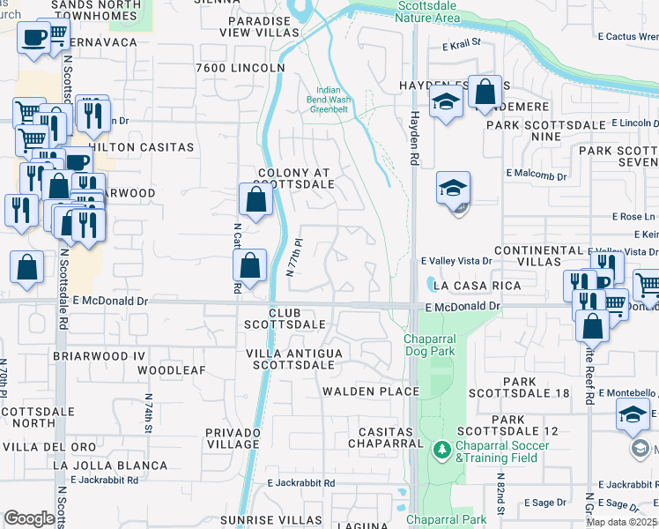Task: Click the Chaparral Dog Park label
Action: [x=434, y=345]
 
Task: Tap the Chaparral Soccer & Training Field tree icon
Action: [x=441, y=450]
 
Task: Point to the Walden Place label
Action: [x=370, y=391]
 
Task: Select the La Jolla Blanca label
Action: [x=96, y=464]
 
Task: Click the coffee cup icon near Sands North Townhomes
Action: [x=33, y=38]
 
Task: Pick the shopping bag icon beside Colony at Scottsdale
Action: [x=255, y=199]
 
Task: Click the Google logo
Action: [x=29, y=518]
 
